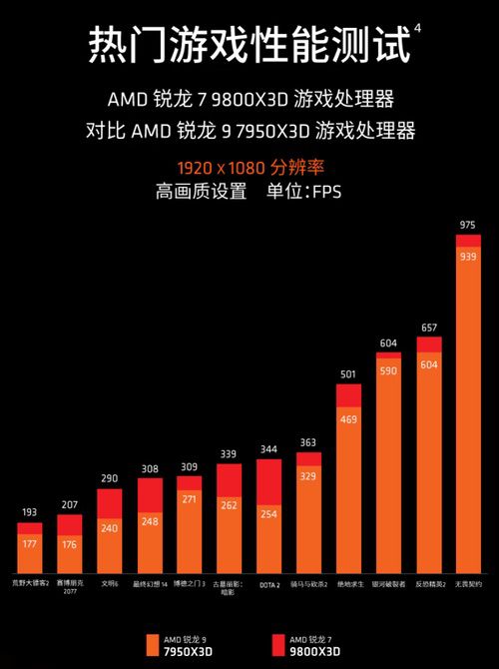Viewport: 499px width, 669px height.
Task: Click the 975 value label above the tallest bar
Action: pyautogui.click(x=467, y=226)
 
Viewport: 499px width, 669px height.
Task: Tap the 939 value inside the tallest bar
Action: pyautogui.click(x=467, y=257)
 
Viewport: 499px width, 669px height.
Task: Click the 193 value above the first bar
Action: pyautogui.click(x=30, y=512)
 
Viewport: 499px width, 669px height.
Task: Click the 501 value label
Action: pyautogui.click(x=348, y=374)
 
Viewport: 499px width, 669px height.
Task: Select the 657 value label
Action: pyautogui.click(x=428, y=328)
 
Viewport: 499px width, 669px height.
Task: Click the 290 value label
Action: pyautogui.click(x=110, y=479)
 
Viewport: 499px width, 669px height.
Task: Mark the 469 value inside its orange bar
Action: pyautogui.click(x=348, y=419)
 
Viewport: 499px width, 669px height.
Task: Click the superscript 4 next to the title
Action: pyautogui.click(x=416, y=29)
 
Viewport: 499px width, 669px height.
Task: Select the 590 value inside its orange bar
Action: pyautogui.click(x=388, y=370)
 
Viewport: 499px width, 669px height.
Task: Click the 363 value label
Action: pyautogui.click(x=308, y=442)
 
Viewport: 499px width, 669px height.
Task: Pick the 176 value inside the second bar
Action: pyautogui.click(x=70, y=544)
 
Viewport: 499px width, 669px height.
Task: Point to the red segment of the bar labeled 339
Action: pyautogui.click(x=230, y=478)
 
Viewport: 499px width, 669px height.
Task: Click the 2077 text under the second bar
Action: pyautogui.click(x=70, y=590)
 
